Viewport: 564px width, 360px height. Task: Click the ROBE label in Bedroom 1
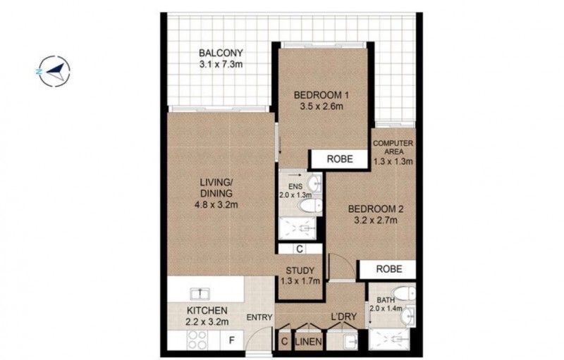340,160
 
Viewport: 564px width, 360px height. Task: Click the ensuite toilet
308,205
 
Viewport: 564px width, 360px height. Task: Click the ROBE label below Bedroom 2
389,268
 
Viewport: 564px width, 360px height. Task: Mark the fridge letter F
232,342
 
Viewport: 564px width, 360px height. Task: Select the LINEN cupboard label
309,342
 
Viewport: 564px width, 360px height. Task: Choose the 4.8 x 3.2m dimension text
219,204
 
